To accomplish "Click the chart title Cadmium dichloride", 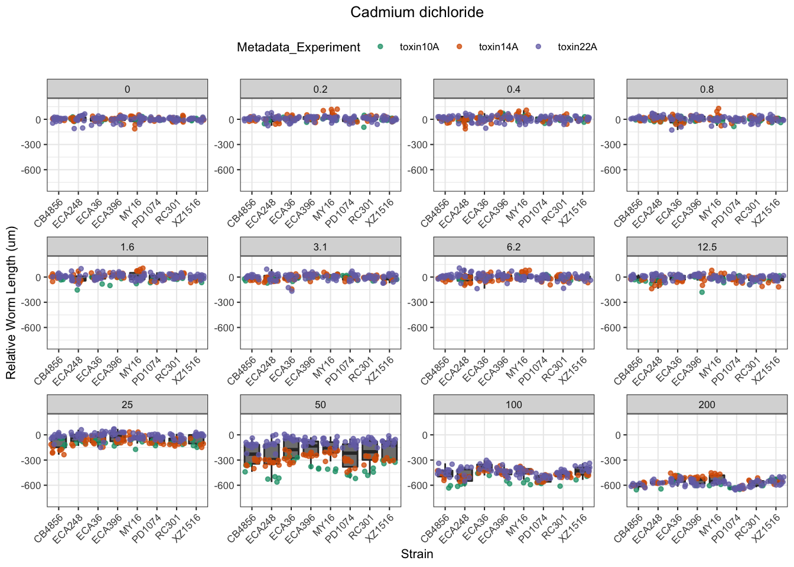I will [x=416, y=12].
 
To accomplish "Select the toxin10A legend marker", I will [x=380, y=47].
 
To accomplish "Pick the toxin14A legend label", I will [x=498, y=47].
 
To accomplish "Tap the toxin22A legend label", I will [x=577, y=47].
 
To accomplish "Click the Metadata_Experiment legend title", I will [x=298, y=47].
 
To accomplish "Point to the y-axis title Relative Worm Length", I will [x=11, y=303].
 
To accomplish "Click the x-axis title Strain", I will [x=416, y=554].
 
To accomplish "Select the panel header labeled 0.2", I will [x=320, y=89].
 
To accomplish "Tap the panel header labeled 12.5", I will [x=707, y=247].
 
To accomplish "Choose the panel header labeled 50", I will [x=320, y=405].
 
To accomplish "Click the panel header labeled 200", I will [x=707, y=405].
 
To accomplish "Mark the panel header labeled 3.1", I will [x=320, y=247].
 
